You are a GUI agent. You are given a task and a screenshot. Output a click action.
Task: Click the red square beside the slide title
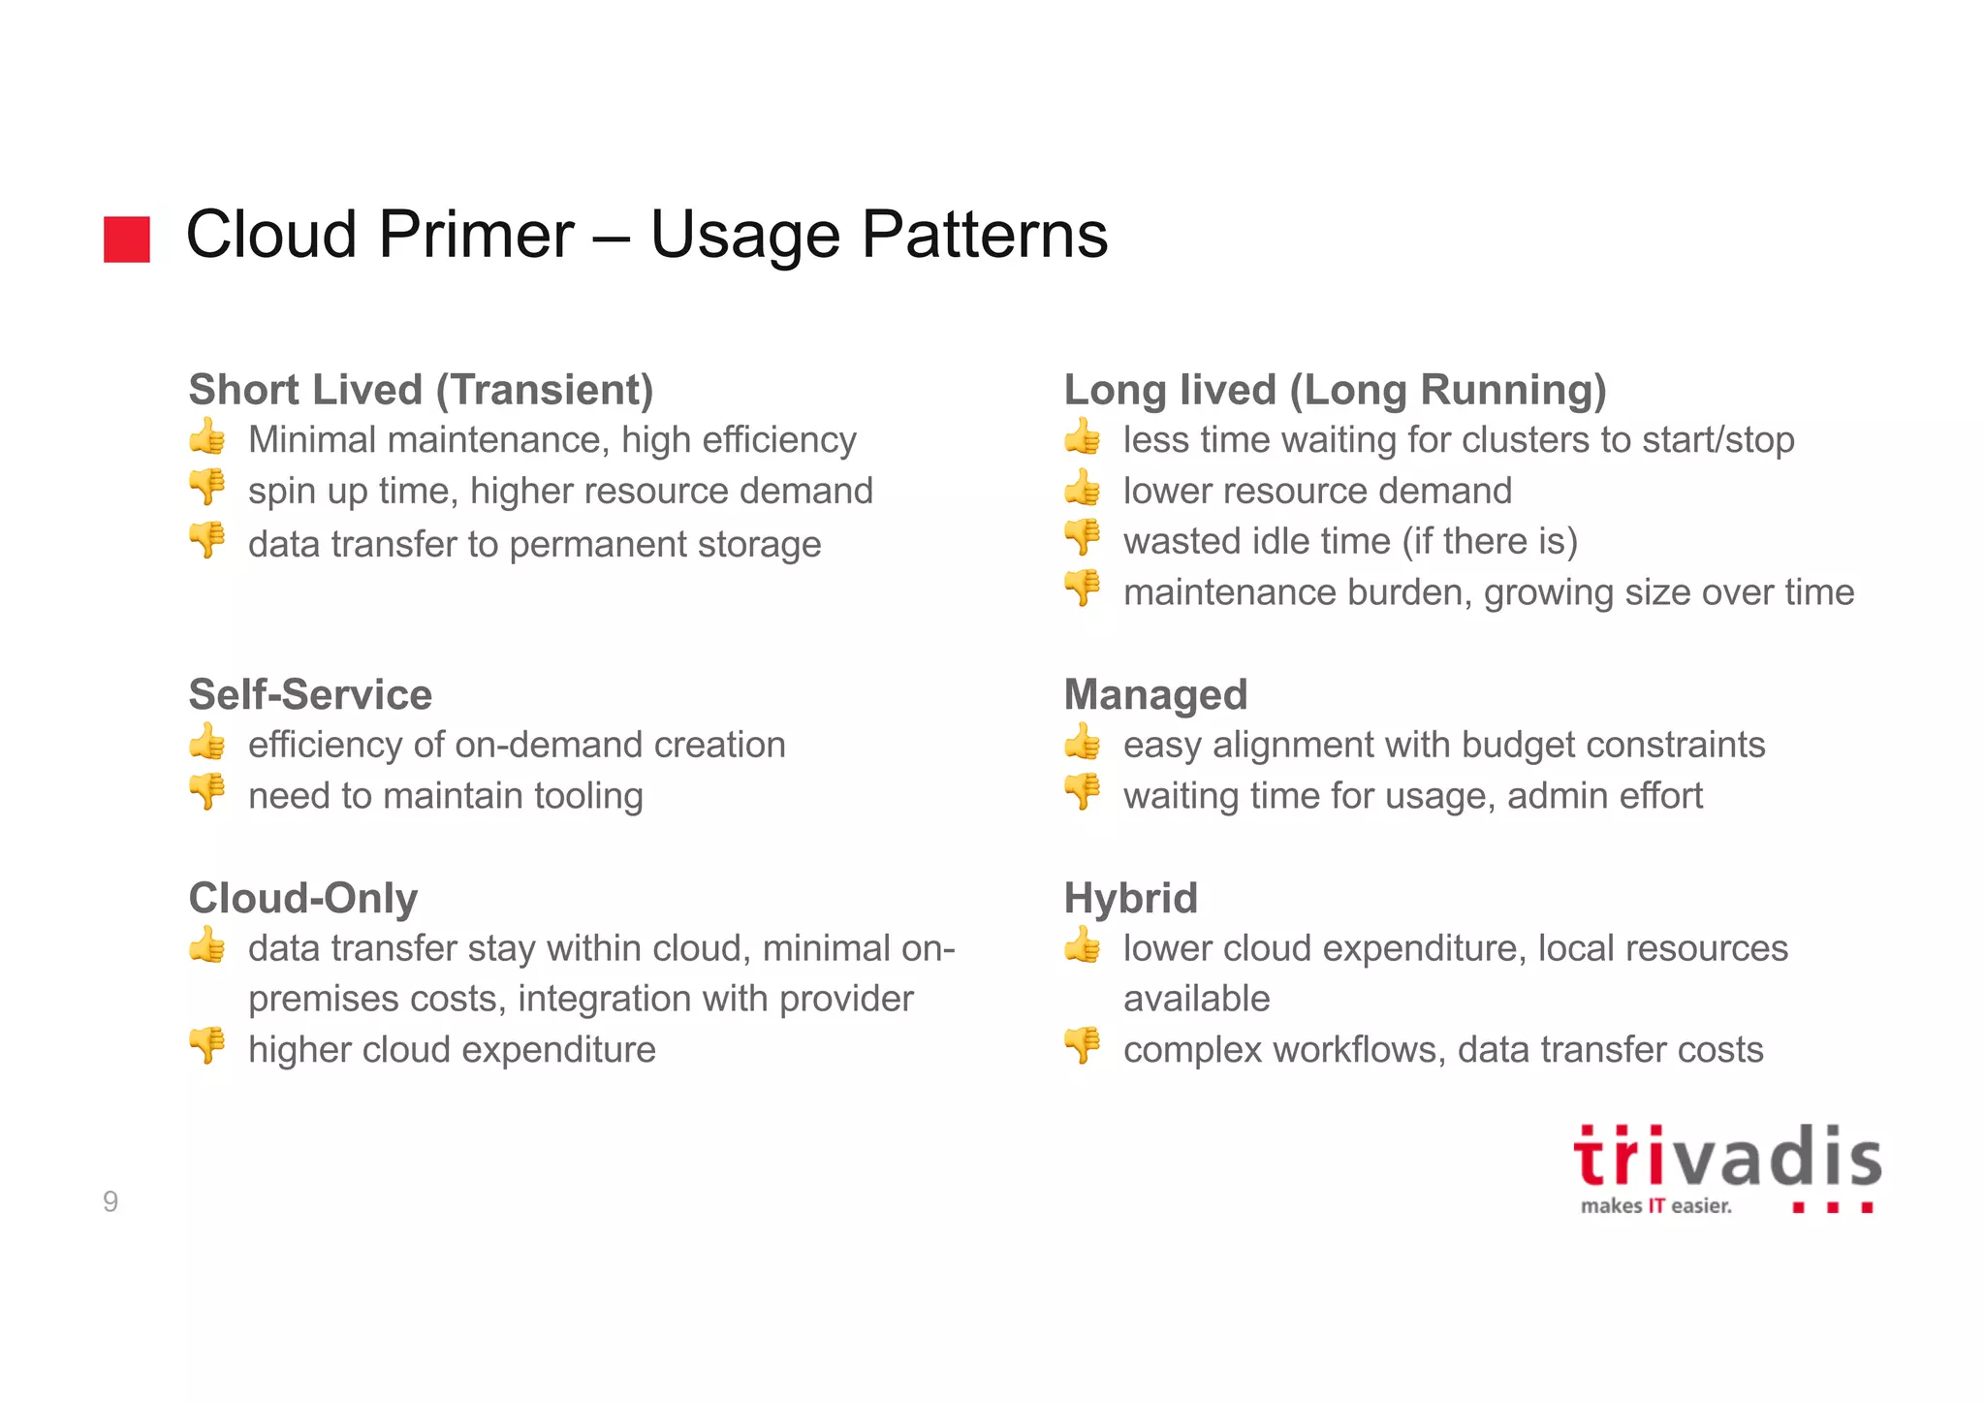[x=127, y=239]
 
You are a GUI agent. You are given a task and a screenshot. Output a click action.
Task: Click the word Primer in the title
[x=476, y=236]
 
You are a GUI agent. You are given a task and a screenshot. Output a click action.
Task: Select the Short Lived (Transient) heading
[x=421, y=390]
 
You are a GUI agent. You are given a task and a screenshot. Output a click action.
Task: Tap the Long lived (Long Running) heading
[x=1335, y=390]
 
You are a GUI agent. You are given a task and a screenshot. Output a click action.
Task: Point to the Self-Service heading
[x=310, y=695]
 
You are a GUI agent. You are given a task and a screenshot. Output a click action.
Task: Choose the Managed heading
[x=1155, y=695]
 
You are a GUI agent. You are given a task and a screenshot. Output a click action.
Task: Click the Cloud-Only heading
[x=303, y=899]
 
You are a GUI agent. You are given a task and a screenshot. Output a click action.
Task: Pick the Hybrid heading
[x=1130, y=899]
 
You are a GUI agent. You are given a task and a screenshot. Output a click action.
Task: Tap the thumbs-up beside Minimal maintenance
[x=207, y=437]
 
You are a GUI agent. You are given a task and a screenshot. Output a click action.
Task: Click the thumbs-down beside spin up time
[x=207, y=487]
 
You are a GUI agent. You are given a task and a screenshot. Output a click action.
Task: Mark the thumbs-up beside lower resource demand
[x=1083, y=488]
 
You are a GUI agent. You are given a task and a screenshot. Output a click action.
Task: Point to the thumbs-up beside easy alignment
[x=1083, y=743]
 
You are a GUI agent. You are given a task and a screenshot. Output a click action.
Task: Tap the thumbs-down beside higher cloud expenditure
[x=207, y=1045]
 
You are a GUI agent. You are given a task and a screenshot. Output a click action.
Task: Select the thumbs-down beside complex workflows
[x=1083, y=1045]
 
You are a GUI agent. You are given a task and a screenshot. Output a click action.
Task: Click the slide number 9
[x=110, y=1202]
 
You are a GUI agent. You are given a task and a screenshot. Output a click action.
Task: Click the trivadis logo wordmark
[x=1727, y=1159]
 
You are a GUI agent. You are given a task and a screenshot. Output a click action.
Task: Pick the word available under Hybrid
[x=1196, y=999]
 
